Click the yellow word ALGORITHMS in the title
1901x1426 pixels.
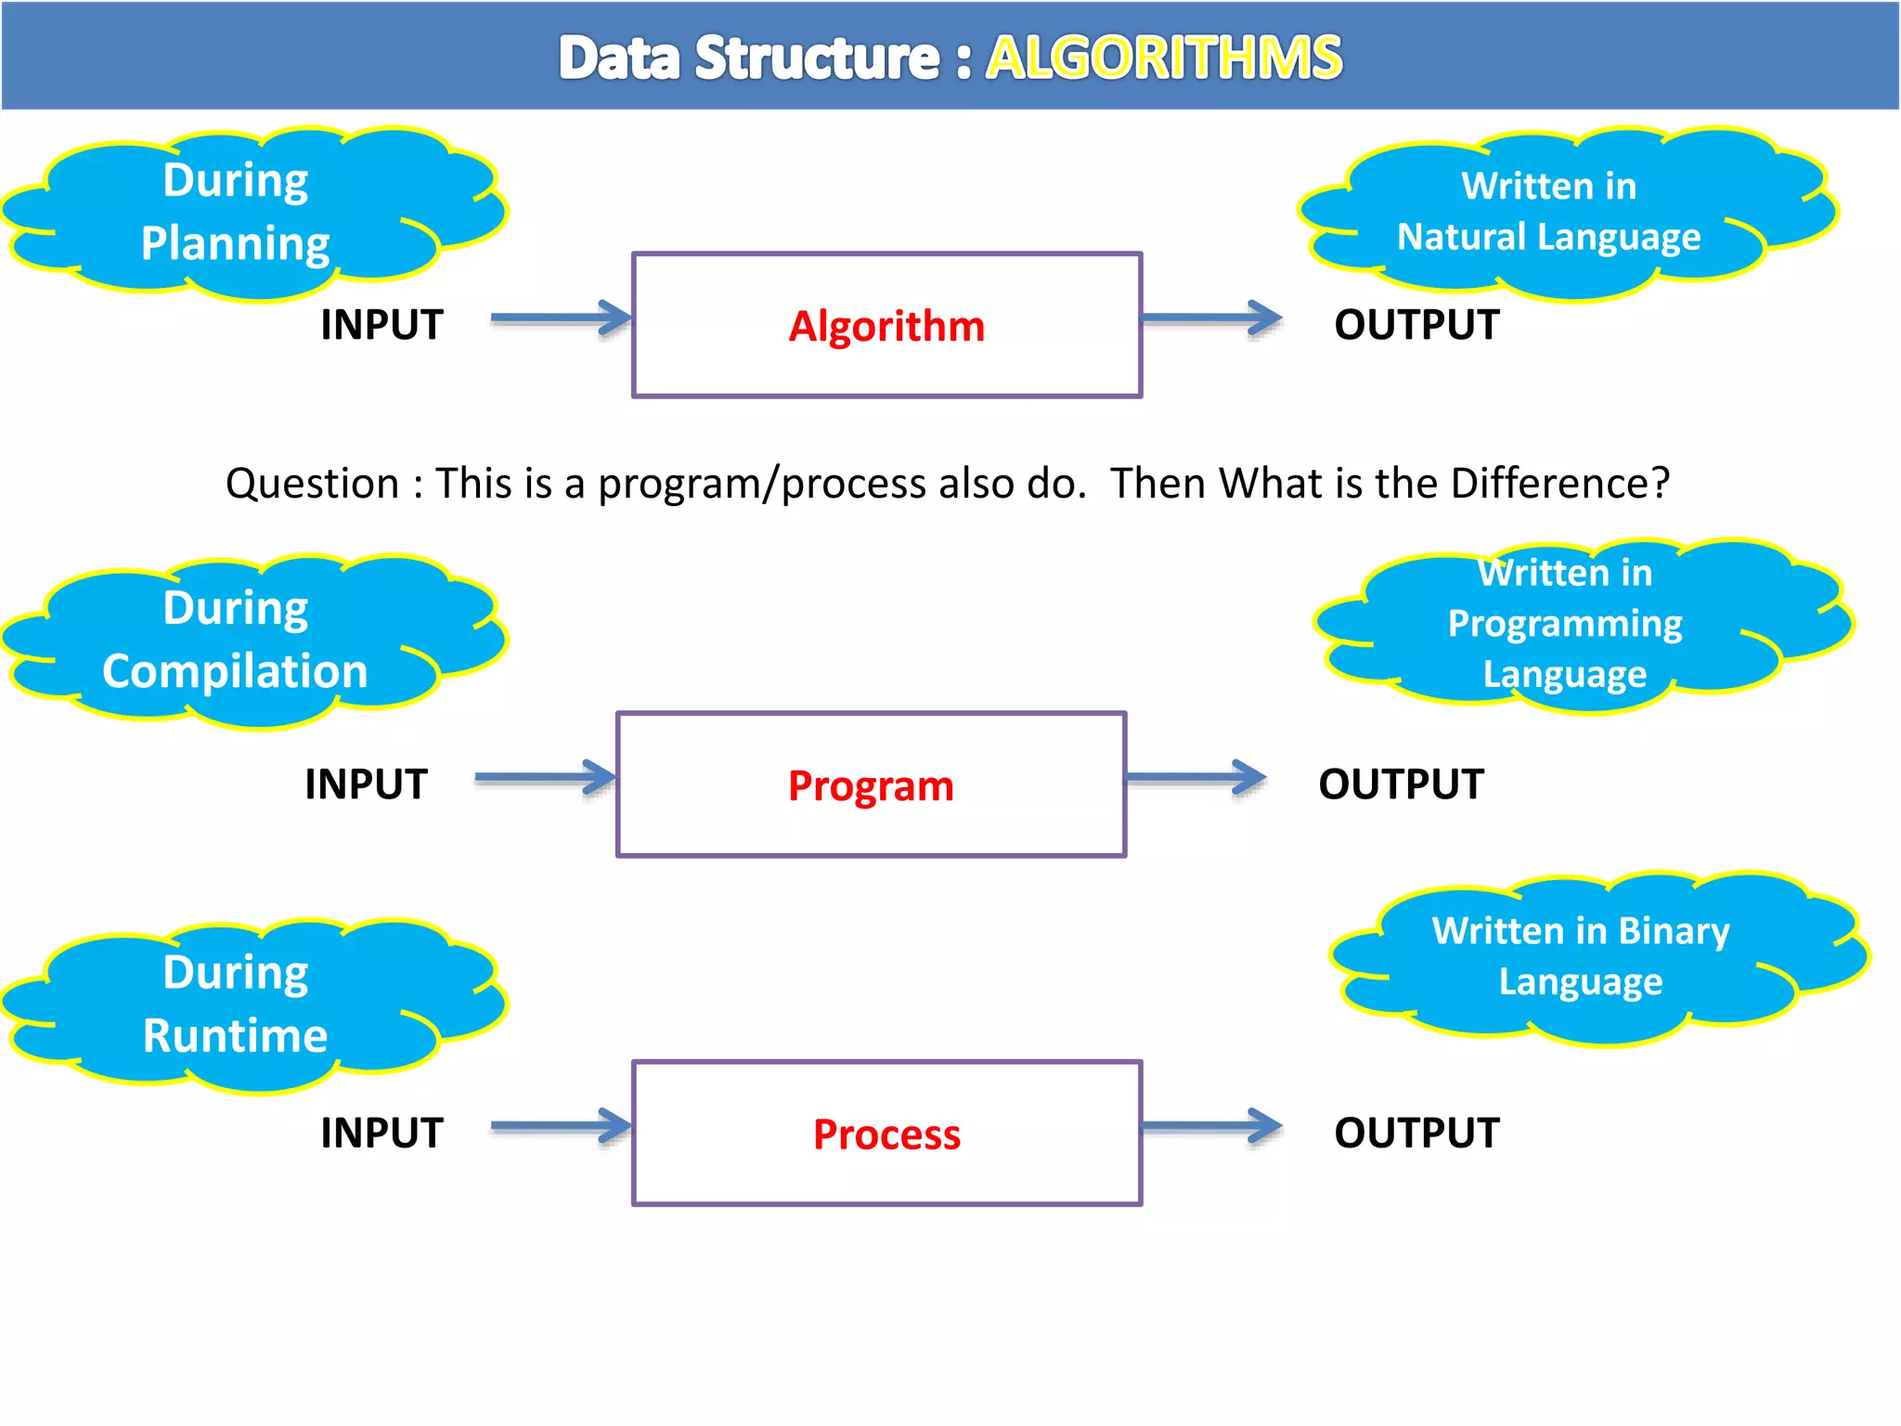click(1163, 58)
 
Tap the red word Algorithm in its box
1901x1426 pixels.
click(886, 327)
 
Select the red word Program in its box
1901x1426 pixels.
click(871, 786)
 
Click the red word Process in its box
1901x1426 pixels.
click(886, 1134)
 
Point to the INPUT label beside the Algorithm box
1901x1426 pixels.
click(381, 325)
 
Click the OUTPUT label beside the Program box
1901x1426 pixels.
click(1401, 784)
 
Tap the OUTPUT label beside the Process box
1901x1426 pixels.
click(1416, 1133)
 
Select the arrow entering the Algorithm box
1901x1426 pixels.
click(561, 318)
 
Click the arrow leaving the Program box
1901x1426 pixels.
click(1196, 778)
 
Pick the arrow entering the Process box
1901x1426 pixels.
click(561, 1126)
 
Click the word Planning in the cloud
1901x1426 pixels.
click(235, 243)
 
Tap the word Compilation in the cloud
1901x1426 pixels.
click(235, 671)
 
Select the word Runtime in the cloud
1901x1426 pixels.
click(235, 1035)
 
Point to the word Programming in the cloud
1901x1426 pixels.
click(1565, 624)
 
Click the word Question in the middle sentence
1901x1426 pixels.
click(312, 484)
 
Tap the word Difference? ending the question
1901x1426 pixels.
click(1559, 484)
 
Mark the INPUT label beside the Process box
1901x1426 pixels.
click(381, 1133)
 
